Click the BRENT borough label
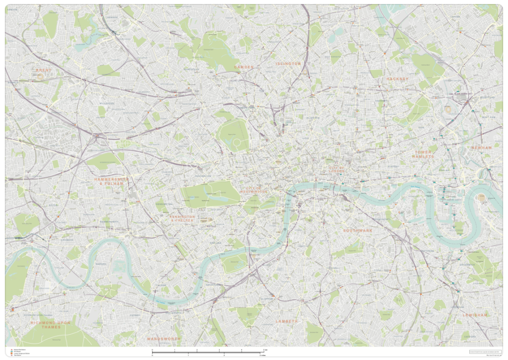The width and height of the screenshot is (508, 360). pos(44,71)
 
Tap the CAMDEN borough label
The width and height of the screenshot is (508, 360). pos(244,67)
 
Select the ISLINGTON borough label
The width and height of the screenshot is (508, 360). pos(288,64)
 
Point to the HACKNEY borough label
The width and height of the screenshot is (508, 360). pos(397,78)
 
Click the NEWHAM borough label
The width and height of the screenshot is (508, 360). pos(481,147)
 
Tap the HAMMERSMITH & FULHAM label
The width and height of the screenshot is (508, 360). pos(111,181)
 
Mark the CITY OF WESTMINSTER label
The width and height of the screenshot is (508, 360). pos(254,189)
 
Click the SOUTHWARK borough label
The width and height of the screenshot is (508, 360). pos(360,230)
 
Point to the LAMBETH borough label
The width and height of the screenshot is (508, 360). pos(287,321)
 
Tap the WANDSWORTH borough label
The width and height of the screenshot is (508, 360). pos(164,339)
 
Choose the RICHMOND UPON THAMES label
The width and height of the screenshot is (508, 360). pos(51,325)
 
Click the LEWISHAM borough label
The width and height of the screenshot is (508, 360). pos(474,315)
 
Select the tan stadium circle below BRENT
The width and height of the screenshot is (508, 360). pos(40,77)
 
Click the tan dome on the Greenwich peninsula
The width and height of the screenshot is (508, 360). pos(481,198)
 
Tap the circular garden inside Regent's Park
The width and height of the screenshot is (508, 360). pos(237,143)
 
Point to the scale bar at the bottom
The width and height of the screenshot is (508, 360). pos(209,352)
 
